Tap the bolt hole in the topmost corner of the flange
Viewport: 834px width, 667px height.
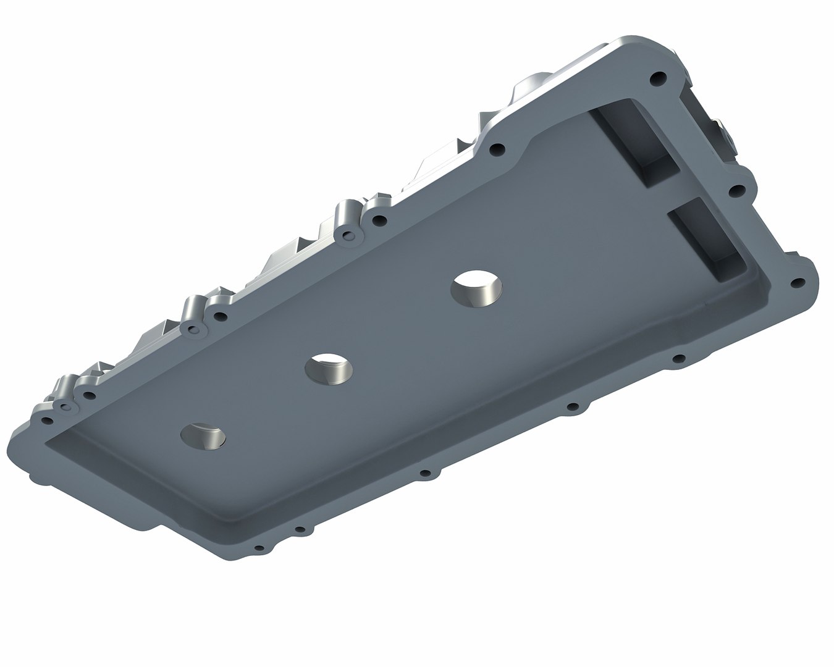pyautogui.click(x=659, y=79)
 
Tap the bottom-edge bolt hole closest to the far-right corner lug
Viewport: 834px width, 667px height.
pyautogui.click(x=678, y=358)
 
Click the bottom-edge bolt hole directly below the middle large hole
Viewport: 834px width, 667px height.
pyautogui.click(x=424, y=474)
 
